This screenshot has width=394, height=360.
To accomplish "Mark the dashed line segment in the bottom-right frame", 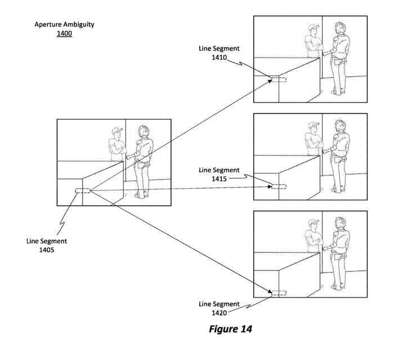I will click(x=279, y=293).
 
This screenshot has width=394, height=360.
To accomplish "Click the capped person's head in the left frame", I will click(x=117, y=134).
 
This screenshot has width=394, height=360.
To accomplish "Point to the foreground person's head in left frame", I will click(x=144, y=131).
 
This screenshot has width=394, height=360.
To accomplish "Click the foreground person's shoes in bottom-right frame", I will click(x=338, y=287).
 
